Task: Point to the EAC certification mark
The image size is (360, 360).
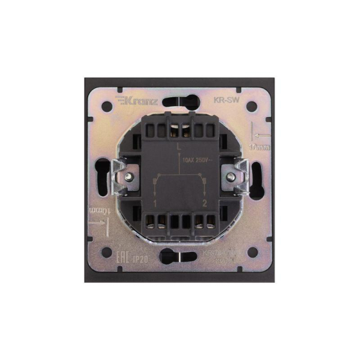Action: point(122,260)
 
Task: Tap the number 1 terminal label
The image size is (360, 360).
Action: point(155,205)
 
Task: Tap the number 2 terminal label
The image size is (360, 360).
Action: point(205,205)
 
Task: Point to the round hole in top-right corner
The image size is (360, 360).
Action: point(253,107)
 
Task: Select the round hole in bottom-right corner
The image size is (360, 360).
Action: point(253,252)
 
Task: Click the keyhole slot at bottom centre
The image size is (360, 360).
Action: point(181,258)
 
